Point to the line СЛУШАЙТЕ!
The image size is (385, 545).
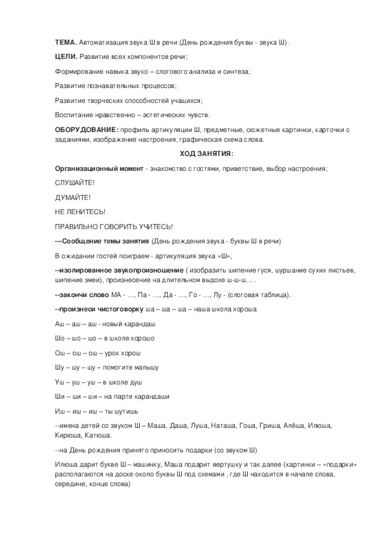(x=75, y=183)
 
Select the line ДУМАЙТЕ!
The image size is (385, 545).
(x=72, y=197)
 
